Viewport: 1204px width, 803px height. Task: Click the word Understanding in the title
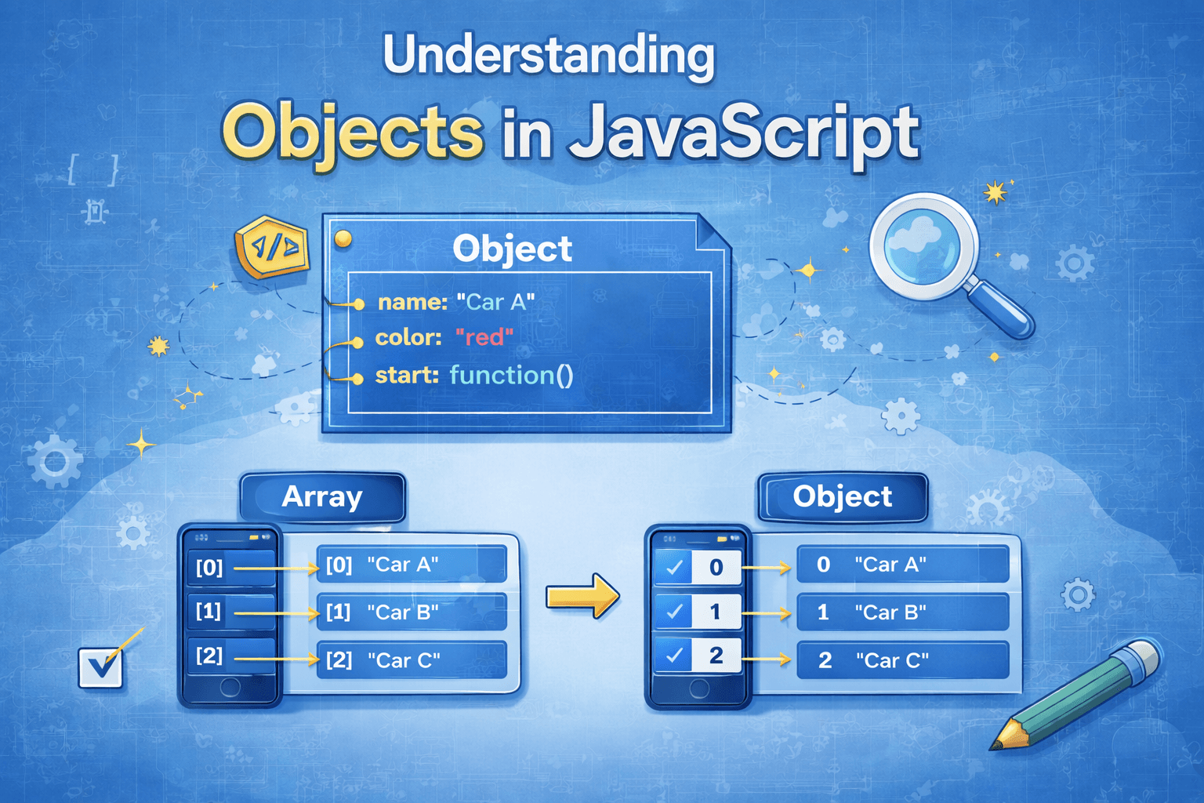click(549, 56)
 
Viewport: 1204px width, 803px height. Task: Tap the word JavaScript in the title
click(744, 134)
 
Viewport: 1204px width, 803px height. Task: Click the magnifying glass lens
click(923, 246)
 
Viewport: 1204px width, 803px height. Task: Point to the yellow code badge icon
click(272, 247)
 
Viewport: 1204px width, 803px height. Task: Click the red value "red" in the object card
click(484, 338)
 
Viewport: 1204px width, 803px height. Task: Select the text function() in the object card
click(511, 375)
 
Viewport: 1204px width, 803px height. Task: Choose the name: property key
click(413, 302)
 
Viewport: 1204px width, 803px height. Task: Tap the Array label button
click(322, 496)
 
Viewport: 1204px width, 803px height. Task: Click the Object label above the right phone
click(843, 496)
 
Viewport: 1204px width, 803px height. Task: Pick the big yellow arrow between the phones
click(582, 596)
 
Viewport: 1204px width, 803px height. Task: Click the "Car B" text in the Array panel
click(403, 612)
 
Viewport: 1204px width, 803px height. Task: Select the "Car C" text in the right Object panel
click(892, 660)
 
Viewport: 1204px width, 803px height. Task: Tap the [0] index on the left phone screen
click(209, 567)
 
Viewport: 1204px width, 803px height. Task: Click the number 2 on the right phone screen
click(716, 655)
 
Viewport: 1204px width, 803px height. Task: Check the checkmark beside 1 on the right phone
click(674, 611)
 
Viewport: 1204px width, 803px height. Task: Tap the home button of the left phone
click(230, 687)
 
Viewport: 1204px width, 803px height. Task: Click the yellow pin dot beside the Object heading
click(343, 238)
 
